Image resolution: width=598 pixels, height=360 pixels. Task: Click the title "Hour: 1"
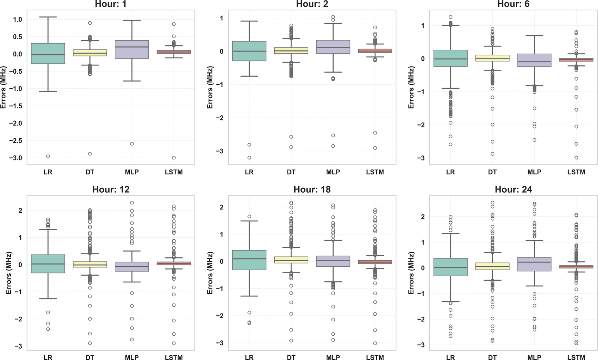(x=111, y=4)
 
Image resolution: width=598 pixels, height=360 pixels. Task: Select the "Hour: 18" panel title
(x=312, y=189)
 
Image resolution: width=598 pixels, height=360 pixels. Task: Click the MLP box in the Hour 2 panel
(x=333, y=47)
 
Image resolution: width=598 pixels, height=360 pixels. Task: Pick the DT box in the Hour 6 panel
(x=492, y=58)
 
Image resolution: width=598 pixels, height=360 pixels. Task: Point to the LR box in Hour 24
(x=450, y=267)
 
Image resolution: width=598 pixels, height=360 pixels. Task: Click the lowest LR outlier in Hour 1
(x=48, y=156)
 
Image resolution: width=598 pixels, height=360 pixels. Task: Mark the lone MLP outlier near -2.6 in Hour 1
(x=132, y=144)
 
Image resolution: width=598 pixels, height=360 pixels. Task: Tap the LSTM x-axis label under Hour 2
(x=375, y=172)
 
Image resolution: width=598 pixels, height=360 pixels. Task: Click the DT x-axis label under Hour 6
(x=492, y=172)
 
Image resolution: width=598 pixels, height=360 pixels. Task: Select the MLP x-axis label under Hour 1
(x=132, y=172)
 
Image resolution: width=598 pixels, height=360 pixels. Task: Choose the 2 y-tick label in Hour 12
(x=20, y=211)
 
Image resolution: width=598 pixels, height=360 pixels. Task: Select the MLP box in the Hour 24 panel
(x=534, y=264)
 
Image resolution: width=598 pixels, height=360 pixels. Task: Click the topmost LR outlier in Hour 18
(x=249, y=217)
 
